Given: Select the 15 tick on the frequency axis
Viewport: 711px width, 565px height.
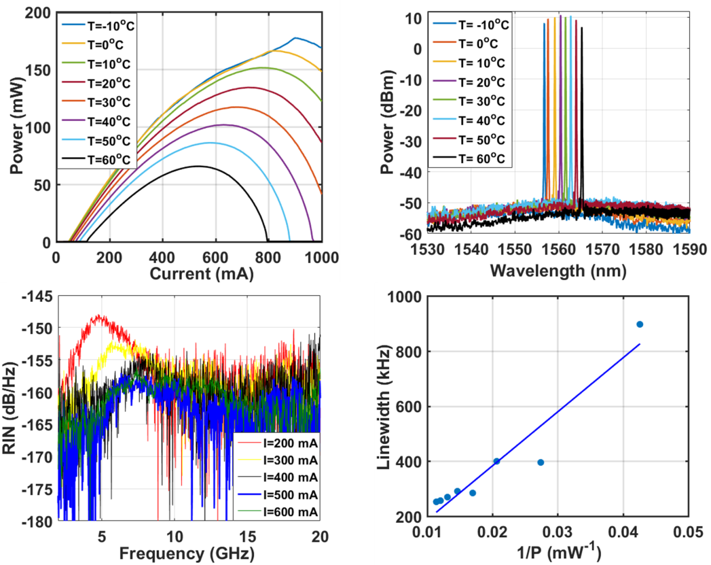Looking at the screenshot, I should pyautogui.click(x=248, y=534).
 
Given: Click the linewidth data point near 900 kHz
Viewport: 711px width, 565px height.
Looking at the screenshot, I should pyautogui.click(x=639, y=324).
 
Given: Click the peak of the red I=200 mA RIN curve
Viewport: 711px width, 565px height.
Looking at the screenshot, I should pyautogui.click(x=101, y=315).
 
